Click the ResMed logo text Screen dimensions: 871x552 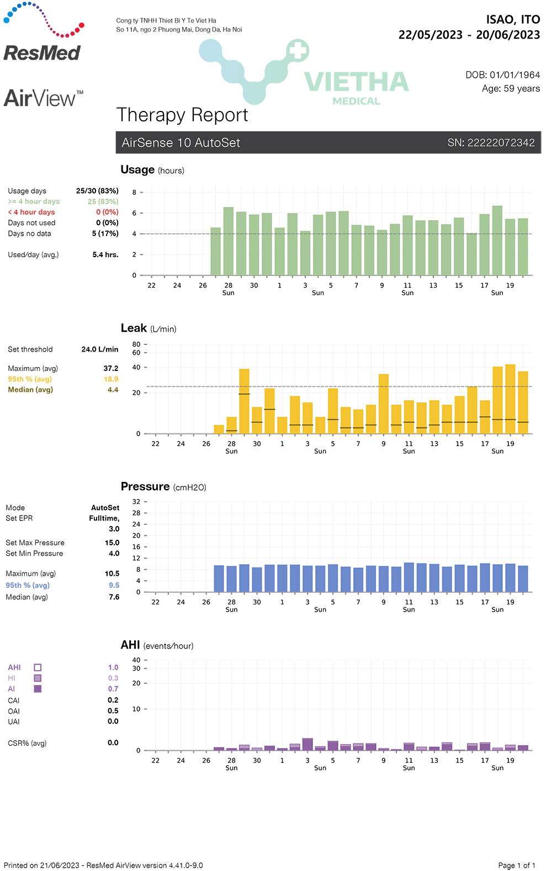(x=42, y=53)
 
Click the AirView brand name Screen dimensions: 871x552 (x=40, y=99)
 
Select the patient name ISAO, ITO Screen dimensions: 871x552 (x=513, y=20)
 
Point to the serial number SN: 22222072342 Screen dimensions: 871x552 (x=491, y=143)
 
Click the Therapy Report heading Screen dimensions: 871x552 (x=182, y=115)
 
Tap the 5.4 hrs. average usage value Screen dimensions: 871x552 (x=105, y=255)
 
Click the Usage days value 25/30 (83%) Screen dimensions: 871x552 (x=97, y=191)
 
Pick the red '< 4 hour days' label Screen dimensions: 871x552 (x=31, y=213)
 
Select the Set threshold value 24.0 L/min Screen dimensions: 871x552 (x=100, y=349)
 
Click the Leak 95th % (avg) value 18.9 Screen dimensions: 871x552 (x=111, y=379)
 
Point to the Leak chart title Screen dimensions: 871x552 (x=134, y=328)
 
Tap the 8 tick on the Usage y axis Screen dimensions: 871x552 (x=134, y=193)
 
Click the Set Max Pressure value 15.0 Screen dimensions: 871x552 (x=112, y=543)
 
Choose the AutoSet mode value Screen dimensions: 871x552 (x=105, y=508)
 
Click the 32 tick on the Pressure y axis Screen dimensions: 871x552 (x=136, y=502)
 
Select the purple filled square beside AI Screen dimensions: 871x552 (x=38, y=689)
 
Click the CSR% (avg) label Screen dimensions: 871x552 (x=27, y=743)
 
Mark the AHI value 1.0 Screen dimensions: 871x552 (x=113, y=668)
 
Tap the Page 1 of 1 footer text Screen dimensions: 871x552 (x=517, y=865)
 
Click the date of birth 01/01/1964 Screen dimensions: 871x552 (x=514, y=75)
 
